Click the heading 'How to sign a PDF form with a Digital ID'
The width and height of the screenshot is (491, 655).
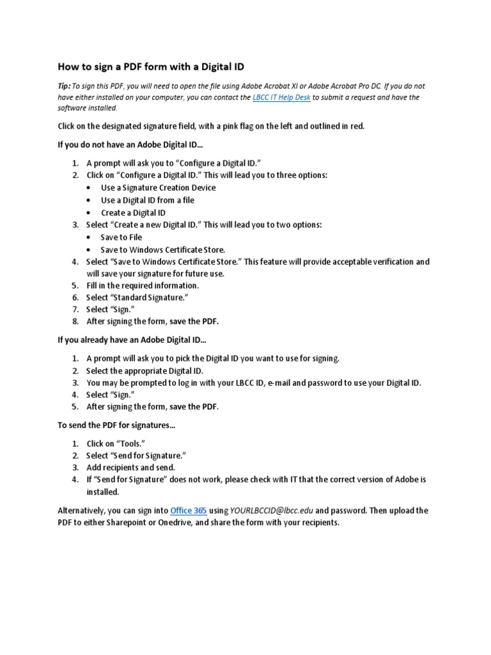151,66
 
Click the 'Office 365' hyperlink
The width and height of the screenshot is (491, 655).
188,510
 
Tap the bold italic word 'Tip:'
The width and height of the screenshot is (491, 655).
64,86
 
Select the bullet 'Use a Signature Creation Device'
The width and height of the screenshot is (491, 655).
158,187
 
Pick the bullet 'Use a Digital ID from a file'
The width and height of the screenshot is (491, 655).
147,200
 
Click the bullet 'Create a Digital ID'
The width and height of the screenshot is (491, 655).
133,212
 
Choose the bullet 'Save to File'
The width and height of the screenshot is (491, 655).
121,237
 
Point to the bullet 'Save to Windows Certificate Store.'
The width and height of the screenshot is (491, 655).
163,249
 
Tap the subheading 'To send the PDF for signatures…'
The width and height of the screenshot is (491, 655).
116,425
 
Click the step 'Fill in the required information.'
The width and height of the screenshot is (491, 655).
143,286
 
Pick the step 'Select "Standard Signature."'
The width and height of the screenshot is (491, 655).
137,298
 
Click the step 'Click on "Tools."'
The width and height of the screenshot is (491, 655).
115,443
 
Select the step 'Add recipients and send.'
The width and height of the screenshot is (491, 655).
130,468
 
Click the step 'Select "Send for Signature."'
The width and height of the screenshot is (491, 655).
136,455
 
